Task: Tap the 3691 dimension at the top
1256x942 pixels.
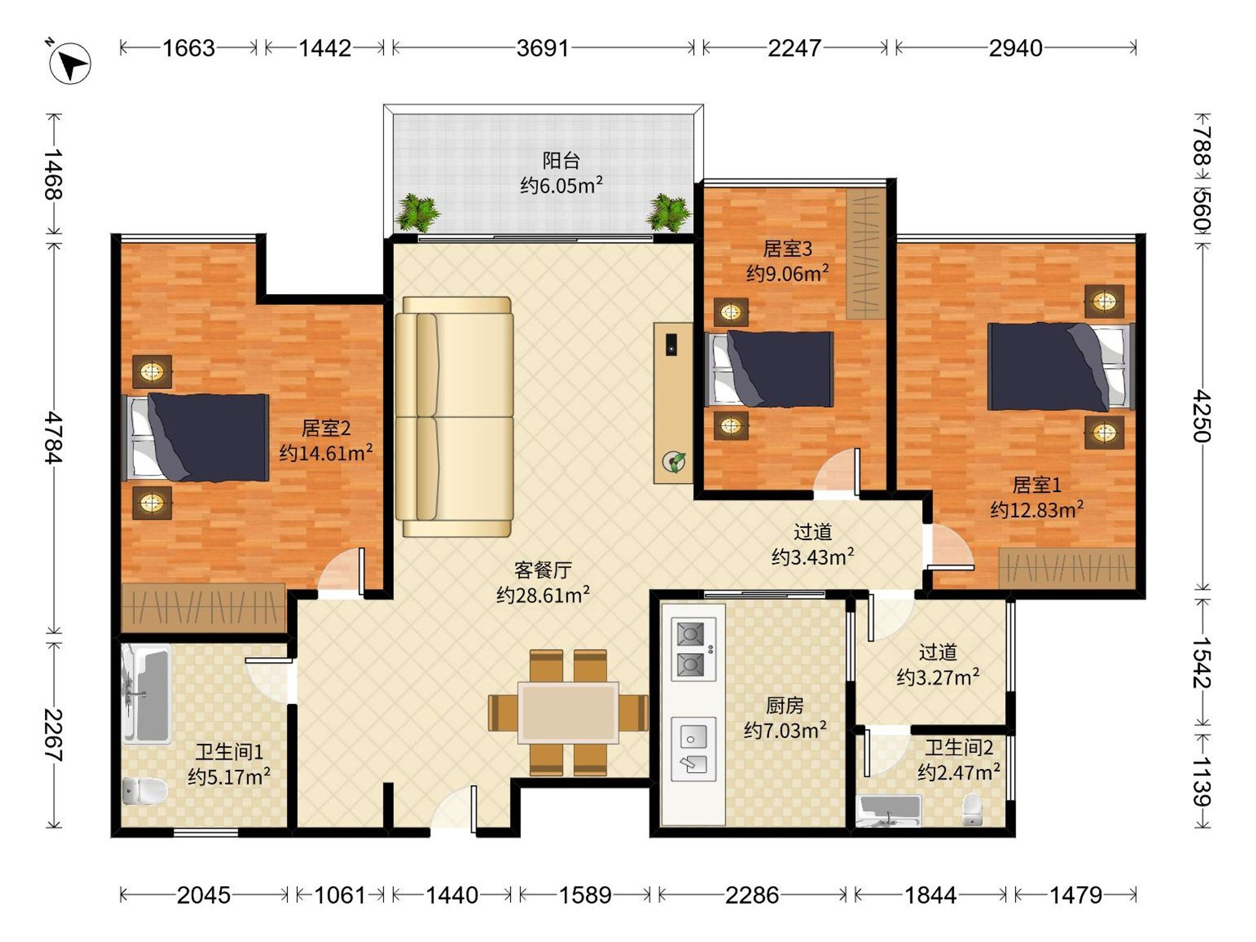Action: click(x=542, y=48)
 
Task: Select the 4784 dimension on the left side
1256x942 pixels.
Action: click(x=54, y=438)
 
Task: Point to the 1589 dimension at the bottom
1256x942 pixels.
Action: click(x=586, y=895)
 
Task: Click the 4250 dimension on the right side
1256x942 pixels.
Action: click(x=1202, y=416)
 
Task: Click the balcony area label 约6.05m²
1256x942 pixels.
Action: click(x=562, y=185)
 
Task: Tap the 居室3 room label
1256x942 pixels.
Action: click(x=787, y=249)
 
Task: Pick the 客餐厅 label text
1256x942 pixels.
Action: click(x=543, y=569)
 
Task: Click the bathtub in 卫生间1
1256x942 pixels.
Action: click(x=147, y=694)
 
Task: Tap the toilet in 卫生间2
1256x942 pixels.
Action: click(x=972, y=810)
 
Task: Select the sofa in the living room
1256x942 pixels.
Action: click(x=455, y=417)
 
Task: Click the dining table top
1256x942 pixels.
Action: click(x=568, y=713)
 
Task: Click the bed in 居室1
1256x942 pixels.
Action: click(x=1061, y=366)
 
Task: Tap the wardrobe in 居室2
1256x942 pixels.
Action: click(x=203, y=608)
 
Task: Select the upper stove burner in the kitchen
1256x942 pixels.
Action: click(x=691, y=634)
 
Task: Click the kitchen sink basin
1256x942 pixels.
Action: click(x=691, y=738)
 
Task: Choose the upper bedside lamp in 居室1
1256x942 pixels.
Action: click(x=1104, y=301)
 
